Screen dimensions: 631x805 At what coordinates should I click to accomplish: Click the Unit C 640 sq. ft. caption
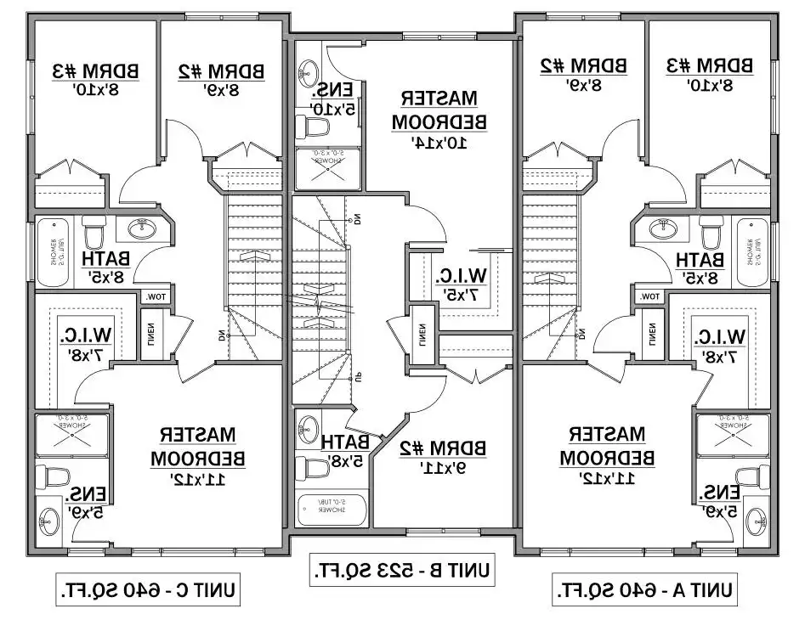tap(148, 589)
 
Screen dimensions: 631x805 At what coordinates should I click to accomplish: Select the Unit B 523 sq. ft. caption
tap(402, 568)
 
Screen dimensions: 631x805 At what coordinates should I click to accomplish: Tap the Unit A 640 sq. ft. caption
tap(645, 589)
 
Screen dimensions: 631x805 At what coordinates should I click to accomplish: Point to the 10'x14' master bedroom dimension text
tap(439, 143)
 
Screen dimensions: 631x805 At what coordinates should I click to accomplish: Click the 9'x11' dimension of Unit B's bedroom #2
tap(439, 466)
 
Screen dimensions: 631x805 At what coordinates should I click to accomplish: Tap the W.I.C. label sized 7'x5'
tap(461, 275)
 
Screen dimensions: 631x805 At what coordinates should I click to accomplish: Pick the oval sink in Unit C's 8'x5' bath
tap(141, 228)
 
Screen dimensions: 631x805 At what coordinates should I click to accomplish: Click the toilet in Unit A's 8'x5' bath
tap(711, 230)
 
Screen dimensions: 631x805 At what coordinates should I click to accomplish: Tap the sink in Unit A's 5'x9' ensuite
tap(754, 517)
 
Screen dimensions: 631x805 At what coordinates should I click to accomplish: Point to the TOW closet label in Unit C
tap(156, 296)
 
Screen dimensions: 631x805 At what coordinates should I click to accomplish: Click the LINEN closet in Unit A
tap(652, 330)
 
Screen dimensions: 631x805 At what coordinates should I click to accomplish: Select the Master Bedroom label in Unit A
tap(607, 445)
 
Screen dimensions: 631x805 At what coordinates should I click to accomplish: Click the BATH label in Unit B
tap(345, 442)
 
